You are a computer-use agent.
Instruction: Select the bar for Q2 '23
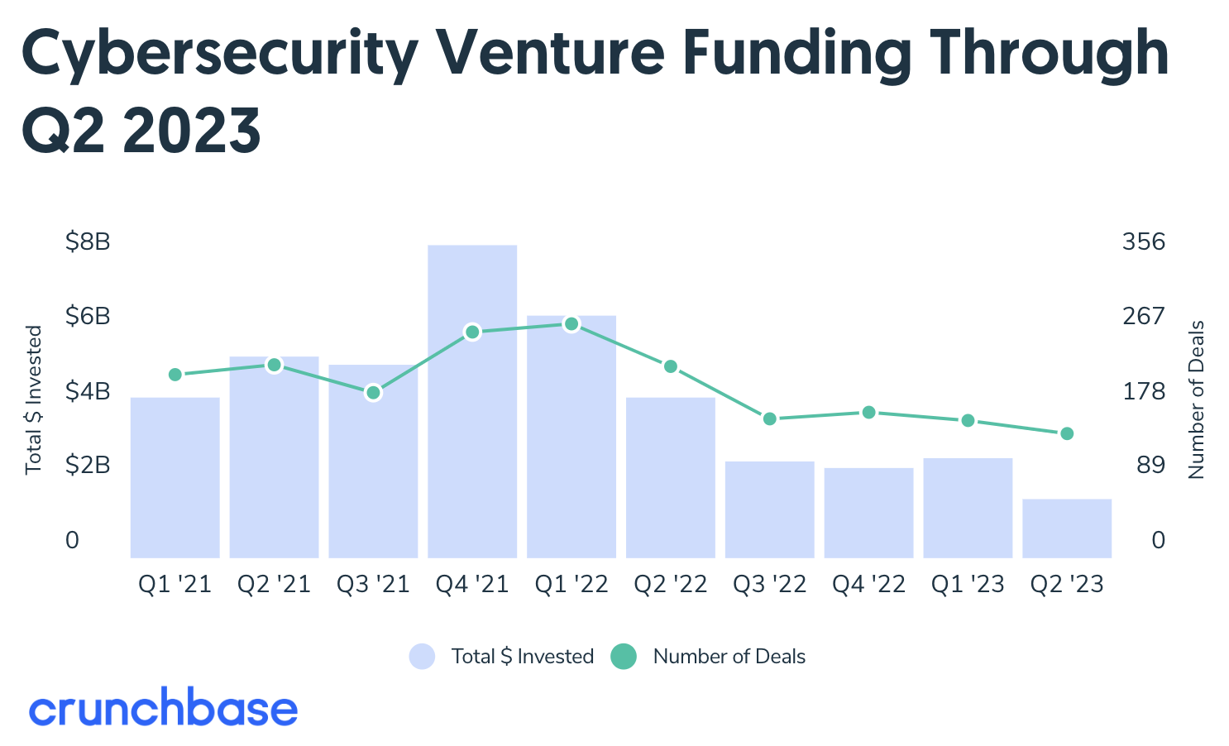coord(1067,528)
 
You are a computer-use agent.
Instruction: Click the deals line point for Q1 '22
coord(571,324)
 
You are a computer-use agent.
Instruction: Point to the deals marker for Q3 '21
coord(373,392)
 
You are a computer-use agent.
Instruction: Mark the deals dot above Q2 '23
coord(1067,433)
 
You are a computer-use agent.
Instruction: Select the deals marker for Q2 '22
coord(671,366)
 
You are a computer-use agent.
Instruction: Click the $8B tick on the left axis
coord(88,242)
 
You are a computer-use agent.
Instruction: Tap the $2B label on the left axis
coord(88,466)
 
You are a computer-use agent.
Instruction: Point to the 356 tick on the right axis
coord(1143,242)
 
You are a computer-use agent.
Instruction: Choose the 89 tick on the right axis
coord(1150,466)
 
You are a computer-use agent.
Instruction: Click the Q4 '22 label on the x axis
coord(868,585)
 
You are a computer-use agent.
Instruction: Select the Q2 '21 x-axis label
coord(274,585)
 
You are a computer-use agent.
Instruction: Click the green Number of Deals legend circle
coord(623,657)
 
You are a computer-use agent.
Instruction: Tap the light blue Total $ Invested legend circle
coord(422,657)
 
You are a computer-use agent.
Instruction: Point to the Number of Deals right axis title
coord(1197,399)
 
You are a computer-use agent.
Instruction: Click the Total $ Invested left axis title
coord(34,399)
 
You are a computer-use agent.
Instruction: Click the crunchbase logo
coord(163,709)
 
